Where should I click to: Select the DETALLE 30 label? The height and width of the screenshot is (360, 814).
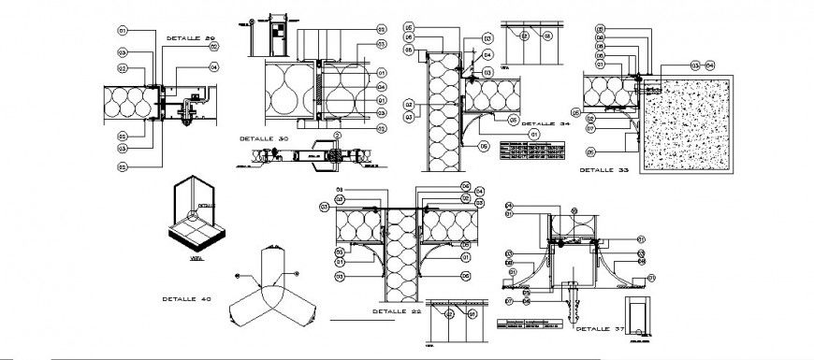[254, 137]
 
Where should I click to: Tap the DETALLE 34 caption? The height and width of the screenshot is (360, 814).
[545, 123]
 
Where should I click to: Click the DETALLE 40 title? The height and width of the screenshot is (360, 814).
[185, 299]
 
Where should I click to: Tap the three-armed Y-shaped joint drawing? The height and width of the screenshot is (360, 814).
[273, 285]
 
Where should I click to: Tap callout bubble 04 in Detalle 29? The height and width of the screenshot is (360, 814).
[213, 66]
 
